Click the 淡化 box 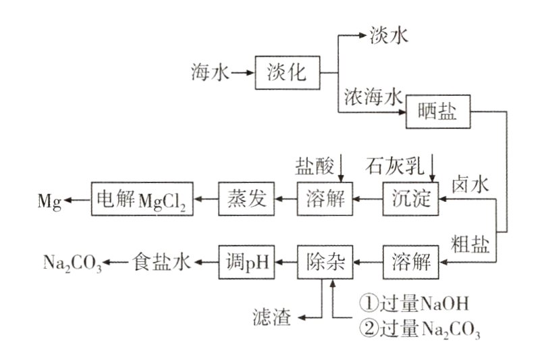(287, 72)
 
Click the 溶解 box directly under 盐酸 (325, 199)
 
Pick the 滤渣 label (272, 316)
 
